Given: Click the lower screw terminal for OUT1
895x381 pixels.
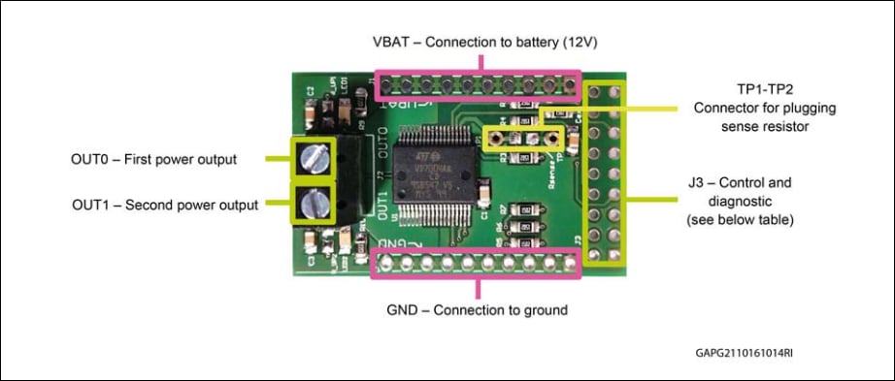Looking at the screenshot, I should click(x=315, y=204).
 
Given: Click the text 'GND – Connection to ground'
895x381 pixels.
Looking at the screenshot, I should click(x=477, y=310).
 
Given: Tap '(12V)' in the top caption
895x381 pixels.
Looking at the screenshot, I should click(x=604, y=43).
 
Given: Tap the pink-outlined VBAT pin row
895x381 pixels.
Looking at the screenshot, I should click(x=477, y=85).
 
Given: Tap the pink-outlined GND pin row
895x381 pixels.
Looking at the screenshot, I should click(x=477, y=262).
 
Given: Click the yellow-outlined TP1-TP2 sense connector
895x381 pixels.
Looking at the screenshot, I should click(x=524, y=139).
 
